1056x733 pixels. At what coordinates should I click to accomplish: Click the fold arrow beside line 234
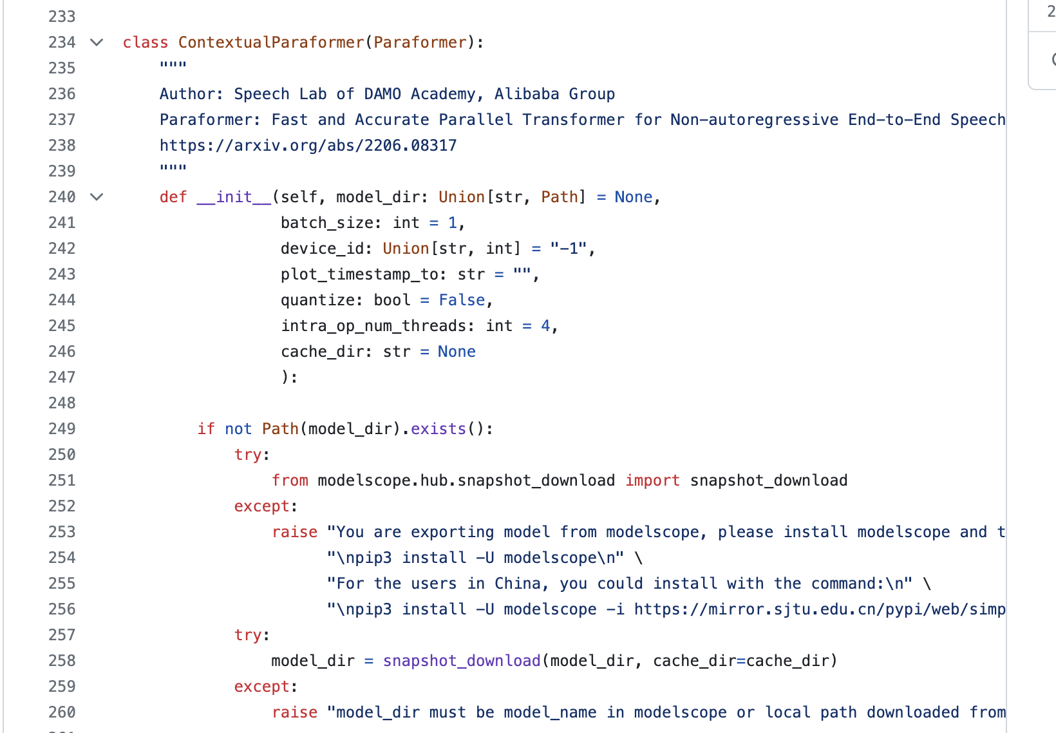coord(97,43)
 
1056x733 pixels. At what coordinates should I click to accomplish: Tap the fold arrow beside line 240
coord(97,197)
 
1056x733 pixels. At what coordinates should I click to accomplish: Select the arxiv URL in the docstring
coord(308,146)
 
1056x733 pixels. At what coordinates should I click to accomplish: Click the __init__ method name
coord(234,197)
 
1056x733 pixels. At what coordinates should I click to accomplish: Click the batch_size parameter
coord(327,223)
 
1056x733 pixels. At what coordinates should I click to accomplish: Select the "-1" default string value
coord(568,249)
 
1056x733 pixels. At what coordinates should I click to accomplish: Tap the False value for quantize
coord(462,300)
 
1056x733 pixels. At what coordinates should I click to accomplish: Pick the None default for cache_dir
coord(457,352)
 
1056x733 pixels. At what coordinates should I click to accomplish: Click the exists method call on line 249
coord(438,429)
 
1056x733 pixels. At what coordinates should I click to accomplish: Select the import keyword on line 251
coord(652,481)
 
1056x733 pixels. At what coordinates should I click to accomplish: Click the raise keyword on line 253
coord(294,532)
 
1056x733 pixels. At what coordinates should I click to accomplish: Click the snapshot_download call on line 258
coord(462,661)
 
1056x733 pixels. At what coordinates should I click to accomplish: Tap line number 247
coord(62,377)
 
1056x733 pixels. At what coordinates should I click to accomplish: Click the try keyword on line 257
coord(248,635)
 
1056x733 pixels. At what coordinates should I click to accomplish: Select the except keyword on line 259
coord(261,687)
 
